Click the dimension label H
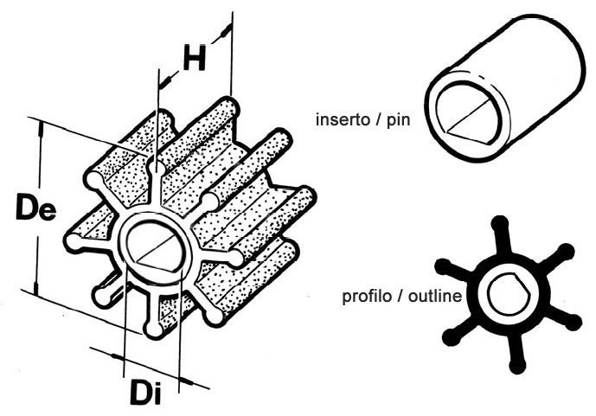point(195,58)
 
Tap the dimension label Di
point(146,392)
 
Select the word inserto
point(343,119)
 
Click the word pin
point(399,121)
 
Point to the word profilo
point(367,297)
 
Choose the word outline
point(435,296)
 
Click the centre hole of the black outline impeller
point(509,294)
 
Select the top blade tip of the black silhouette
point(500,224)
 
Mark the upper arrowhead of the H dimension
point(226,30)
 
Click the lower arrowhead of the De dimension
point(35,289)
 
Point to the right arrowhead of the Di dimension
point(186,381)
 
